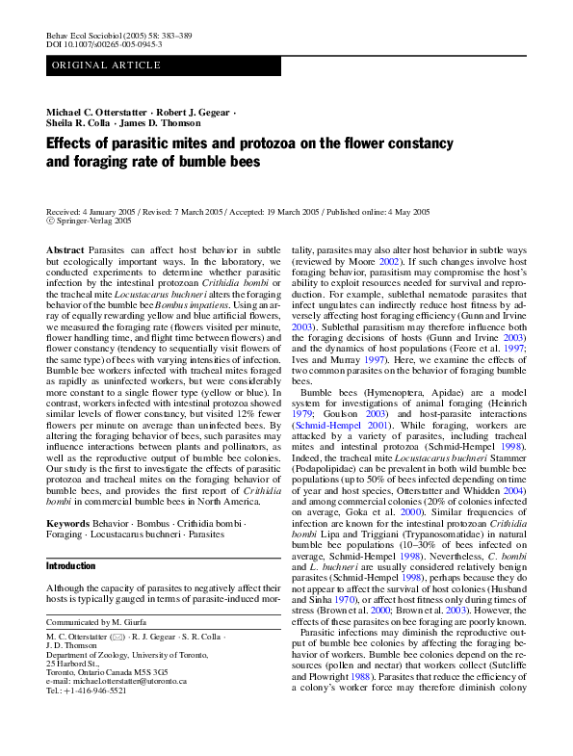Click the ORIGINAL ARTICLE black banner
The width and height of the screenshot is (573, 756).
[x=163, y=65]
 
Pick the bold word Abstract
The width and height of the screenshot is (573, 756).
[x=65, y=249]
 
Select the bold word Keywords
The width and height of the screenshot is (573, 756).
[x=69, y=524]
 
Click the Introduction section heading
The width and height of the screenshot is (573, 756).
[x=71, y=566]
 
